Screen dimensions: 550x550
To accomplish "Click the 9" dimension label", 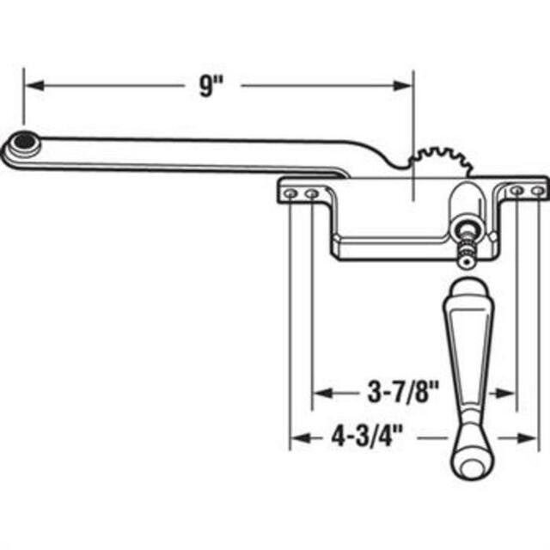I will [206, 88].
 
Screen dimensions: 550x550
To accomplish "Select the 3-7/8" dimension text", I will [398, 394].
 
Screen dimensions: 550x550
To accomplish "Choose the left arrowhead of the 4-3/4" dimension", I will [297, 438].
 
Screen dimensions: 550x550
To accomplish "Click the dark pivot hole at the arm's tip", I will [25, 140].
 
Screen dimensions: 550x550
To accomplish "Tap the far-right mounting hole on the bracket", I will [538, 190].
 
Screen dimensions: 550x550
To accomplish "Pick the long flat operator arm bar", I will [189, 153].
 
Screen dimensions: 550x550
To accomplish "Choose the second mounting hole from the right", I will [516, 190].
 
